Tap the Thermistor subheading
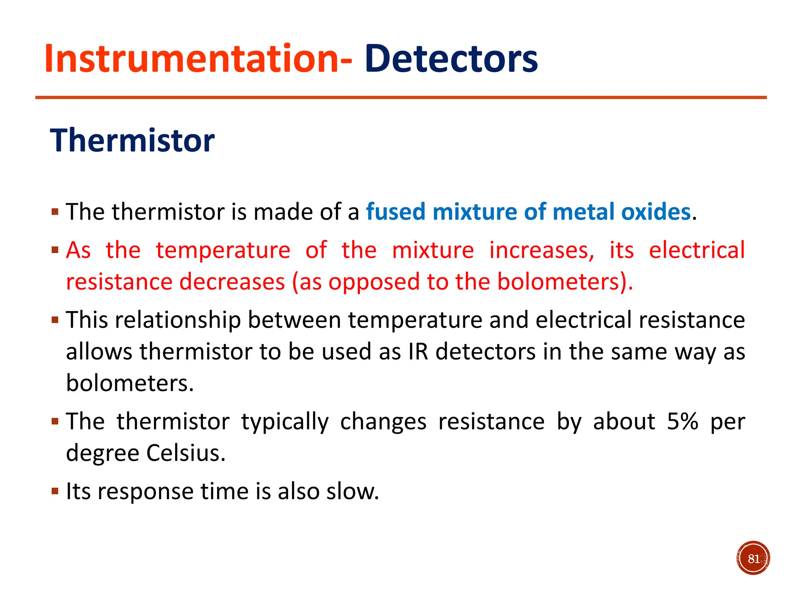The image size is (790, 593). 132,141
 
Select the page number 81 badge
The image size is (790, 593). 753,558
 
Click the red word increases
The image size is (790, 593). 542,250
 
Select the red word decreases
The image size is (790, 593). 232,281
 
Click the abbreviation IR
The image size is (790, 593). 419,352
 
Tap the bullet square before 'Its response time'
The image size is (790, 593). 55,491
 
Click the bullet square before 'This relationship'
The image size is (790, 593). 55,320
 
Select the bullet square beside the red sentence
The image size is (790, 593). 55,250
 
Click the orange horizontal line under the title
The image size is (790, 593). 401,98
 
